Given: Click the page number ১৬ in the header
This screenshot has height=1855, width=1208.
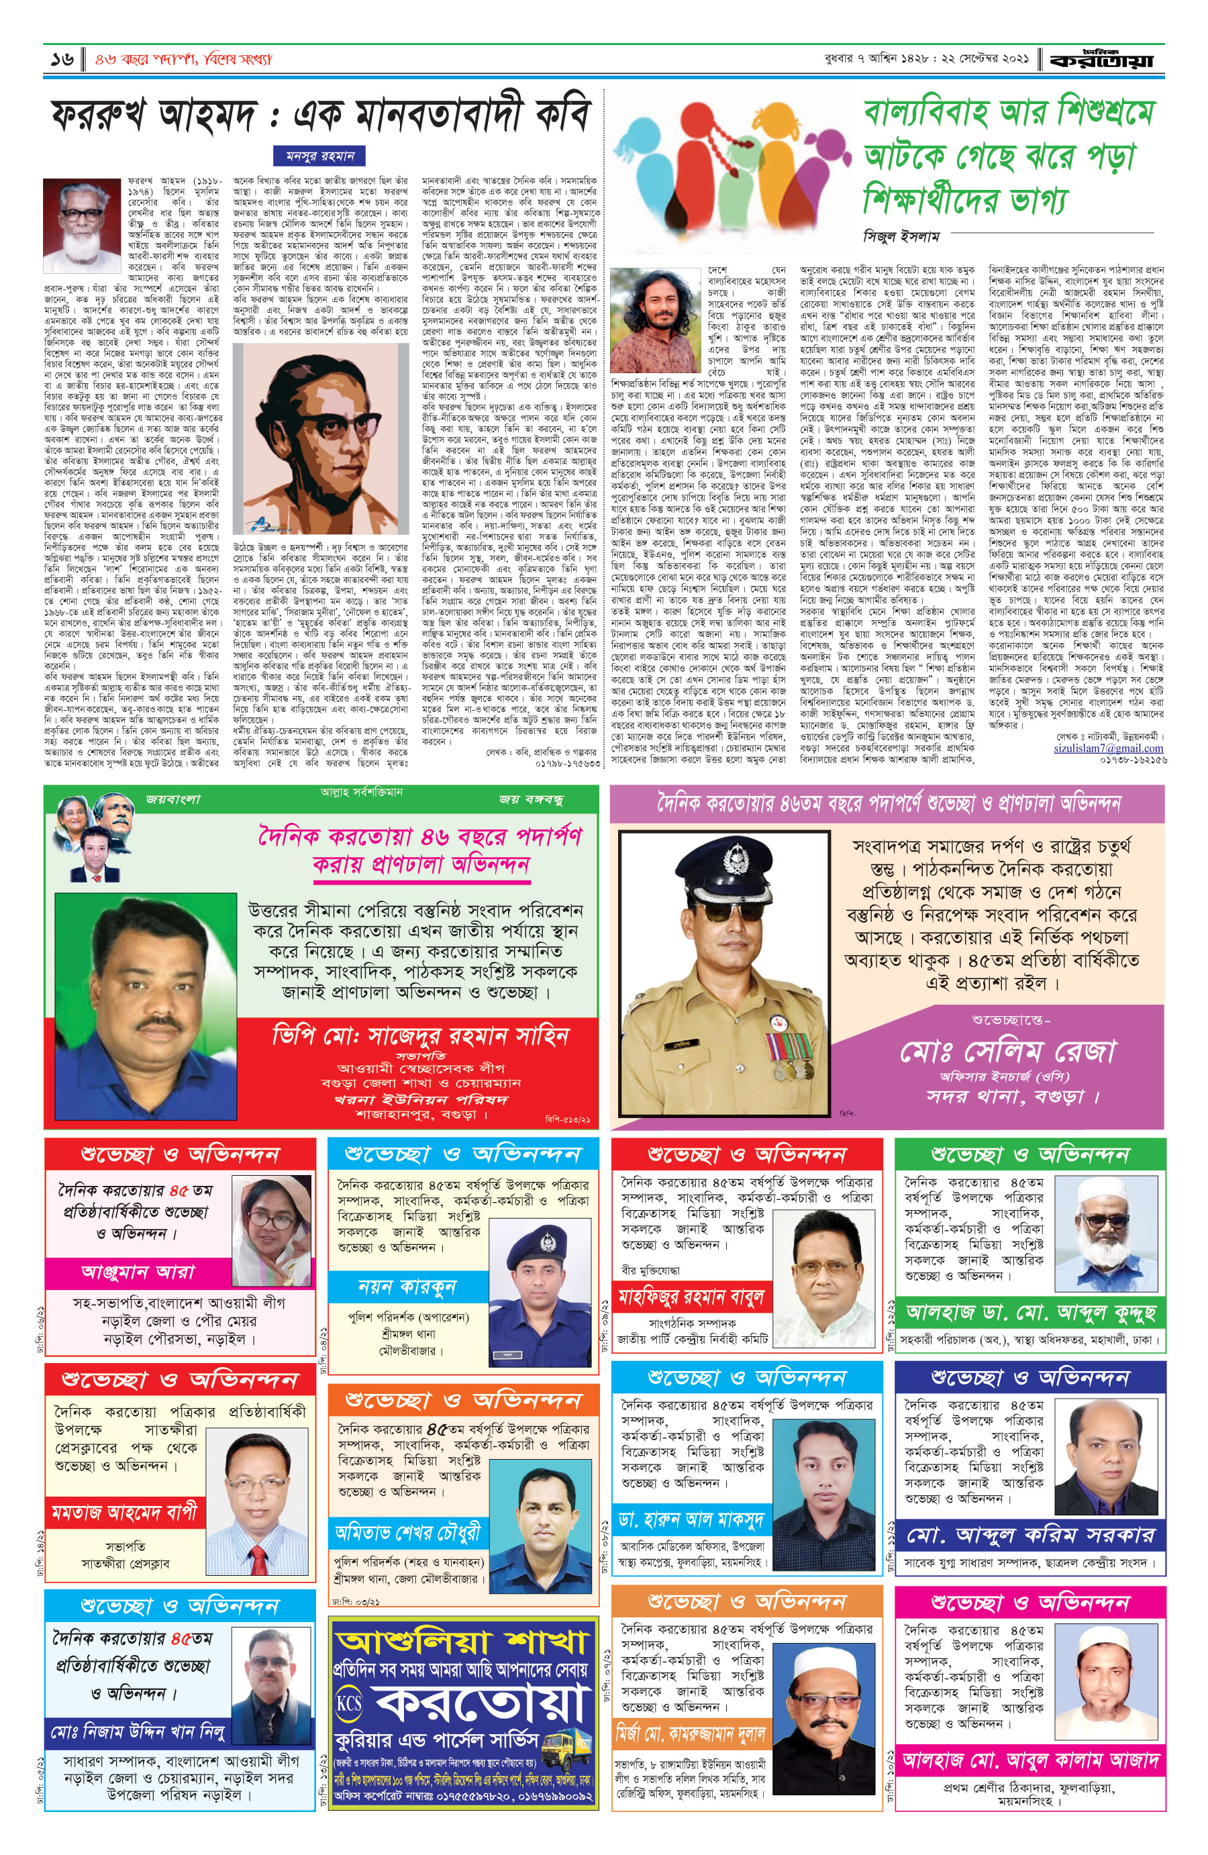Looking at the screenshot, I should [x=62, y=59].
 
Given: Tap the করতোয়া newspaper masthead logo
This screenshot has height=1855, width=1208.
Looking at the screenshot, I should [x=1101, y=60].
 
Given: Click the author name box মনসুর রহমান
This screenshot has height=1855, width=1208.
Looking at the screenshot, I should [x=319, y=156].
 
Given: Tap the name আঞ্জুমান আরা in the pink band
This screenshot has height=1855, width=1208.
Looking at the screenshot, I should [x=138, y=1272].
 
